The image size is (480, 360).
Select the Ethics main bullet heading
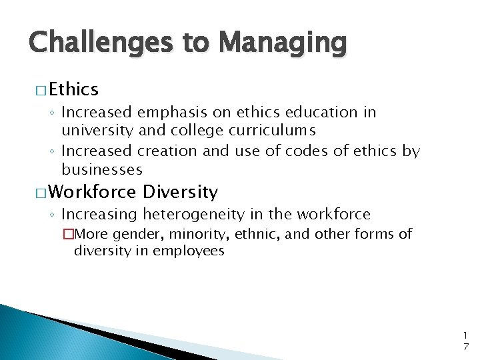(x=73, y=89)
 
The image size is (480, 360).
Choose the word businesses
(x=102, y=169)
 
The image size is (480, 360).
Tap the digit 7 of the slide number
(x=465, y=346)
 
